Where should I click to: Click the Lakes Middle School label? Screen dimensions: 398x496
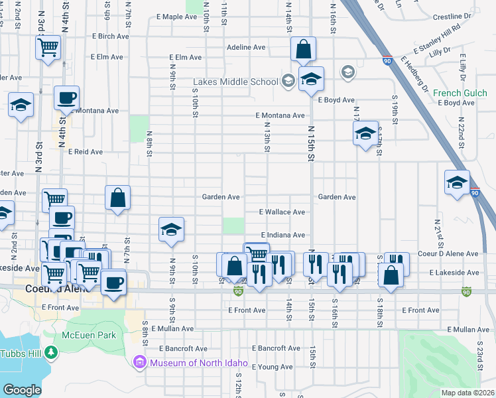pos(235,82)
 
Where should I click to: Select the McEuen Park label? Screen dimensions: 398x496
pos(89,335)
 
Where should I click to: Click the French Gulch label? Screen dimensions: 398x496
pos(460,94)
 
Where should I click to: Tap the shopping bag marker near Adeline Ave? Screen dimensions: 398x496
pos(303,50)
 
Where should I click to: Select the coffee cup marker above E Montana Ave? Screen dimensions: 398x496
pos(66,99)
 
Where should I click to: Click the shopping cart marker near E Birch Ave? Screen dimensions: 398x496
pos(48,47)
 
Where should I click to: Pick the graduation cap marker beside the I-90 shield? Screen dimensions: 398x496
pos(457,183)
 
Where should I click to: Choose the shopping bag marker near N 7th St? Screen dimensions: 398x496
pos(117,198)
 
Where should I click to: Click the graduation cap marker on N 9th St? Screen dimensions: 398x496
pos(171,230)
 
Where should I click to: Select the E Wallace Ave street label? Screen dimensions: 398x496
pos(282,212)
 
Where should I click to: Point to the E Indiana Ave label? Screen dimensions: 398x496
pos(282,235)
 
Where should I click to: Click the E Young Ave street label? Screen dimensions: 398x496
pos(272,367)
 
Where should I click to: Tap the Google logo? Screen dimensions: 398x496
pos(22,390)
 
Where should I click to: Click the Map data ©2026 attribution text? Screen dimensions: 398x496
pos(468,393)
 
